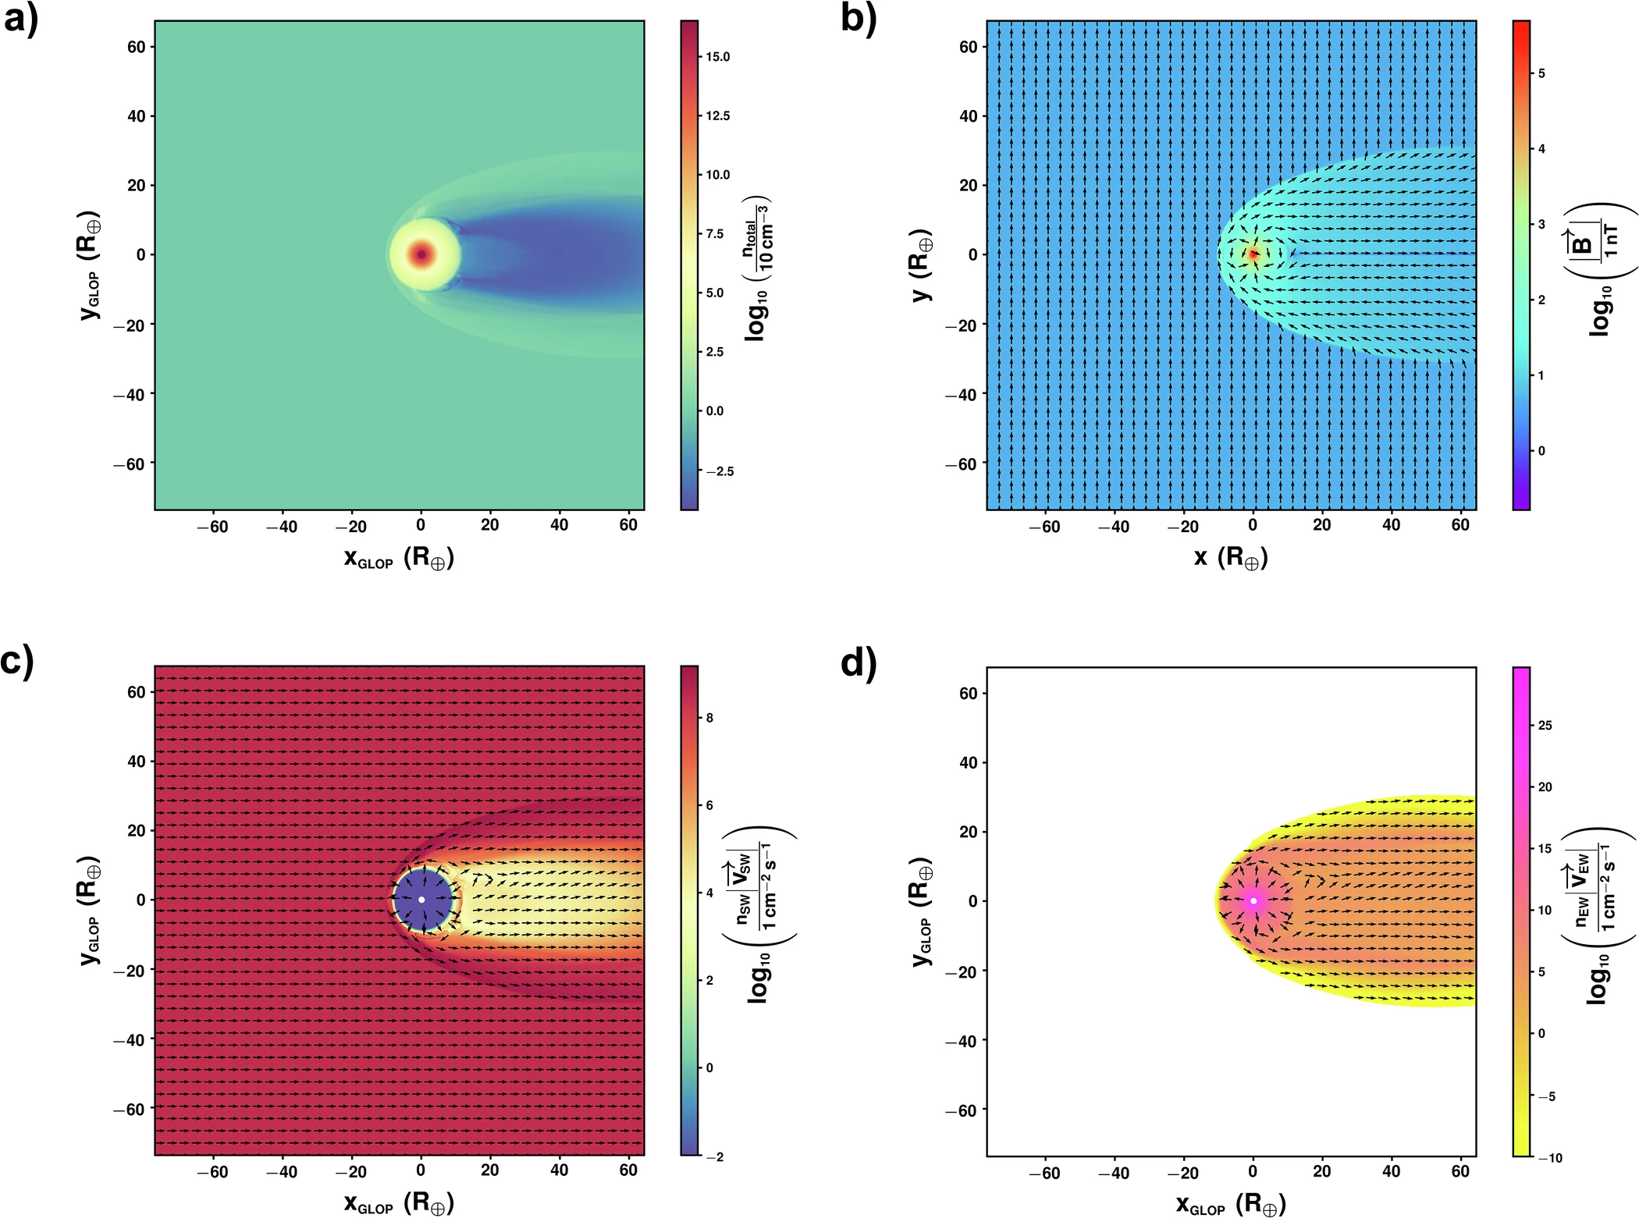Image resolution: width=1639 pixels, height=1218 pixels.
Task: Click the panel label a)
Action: pyautogui.click(x=20, y=19)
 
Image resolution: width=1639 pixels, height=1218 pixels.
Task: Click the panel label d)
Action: pyautogui.click(x=859, y=663)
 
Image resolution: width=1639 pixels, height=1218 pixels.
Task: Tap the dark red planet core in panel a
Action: pyautogui.click(x=421, y=254)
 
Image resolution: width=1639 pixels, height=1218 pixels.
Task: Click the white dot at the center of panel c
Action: pyautogui.click(x=421, y=900)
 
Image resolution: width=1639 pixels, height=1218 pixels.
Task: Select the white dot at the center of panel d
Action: pyautogui.click(x=1253, y=900)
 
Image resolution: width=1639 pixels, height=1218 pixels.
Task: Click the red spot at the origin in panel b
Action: pyautogui.click(x=1253, y=254)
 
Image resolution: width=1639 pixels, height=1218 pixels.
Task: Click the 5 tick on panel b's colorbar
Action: pyautogui.click(x=1541, y=73)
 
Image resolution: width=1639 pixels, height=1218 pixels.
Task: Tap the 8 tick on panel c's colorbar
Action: pyautogui.click(x=709, y=718)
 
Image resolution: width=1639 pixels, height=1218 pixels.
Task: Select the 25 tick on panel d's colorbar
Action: pyautogui.click(x=1545, y=726)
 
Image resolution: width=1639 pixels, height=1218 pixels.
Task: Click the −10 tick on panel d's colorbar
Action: pyautogui.click(x=1549, y=1158)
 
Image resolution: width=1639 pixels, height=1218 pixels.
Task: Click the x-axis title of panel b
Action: pyautogui.click(x=1231, y=557)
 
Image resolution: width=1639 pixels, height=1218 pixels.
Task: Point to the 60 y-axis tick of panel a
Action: pyautogui.click(x=137, y=47)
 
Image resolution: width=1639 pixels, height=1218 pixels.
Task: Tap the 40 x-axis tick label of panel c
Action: pyautogui.click(x=559, y=1170)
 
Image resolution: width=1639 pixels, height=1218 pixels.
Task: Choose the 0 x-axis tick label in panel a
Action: pyautogui.click(x=421, y=525)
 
